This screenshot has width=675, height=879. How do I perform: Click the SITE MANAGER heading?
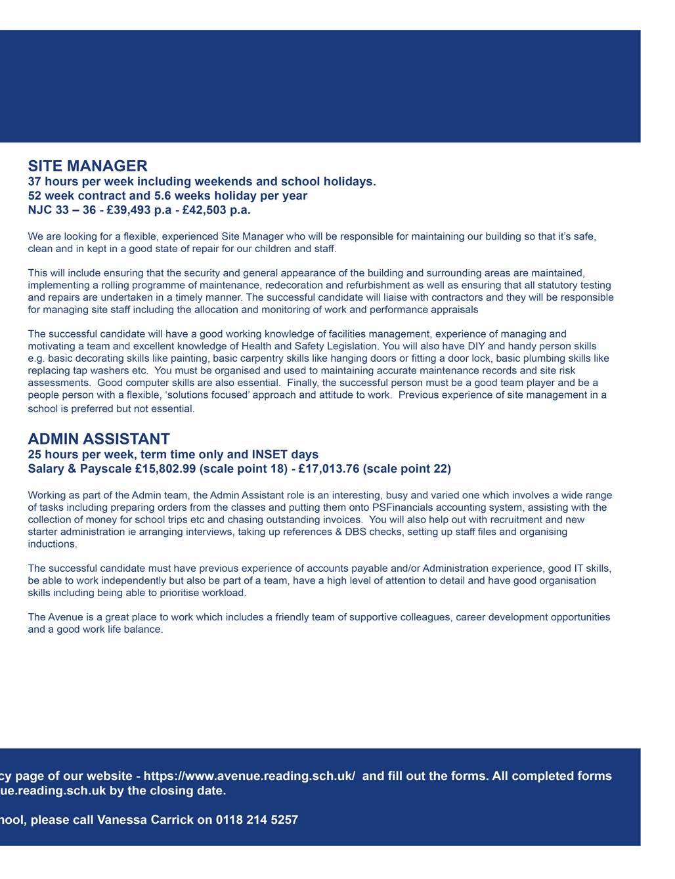(x=87, y=166)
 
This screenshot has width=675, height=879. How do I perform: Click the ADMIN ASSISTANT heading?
(x=98, y=439)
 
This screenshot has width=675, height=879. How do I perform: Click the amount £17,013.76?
(x=330, y=469)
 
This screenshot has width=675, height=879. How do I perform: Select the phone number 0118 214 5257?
(x=257, y=820)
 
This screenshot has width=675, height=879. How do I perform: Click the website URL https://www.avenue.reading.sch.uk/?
(x=250, y=776)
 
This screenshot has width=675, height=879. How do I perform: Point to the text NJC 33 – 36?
(x=62, y=210)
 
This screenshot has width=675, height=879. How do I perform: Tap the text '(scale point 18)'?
(x=243, y=469)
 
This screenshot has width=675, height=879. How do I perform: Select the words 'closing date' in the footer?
(x=193, y=790)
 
